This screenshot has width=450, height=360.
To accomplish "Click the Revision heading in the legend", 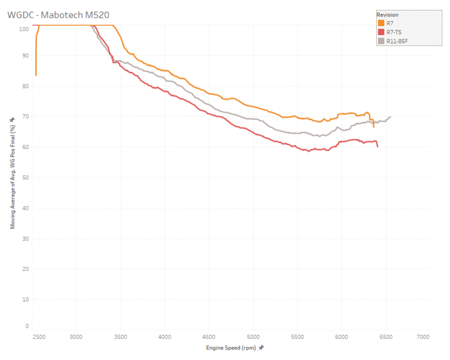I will (x=388, y=14).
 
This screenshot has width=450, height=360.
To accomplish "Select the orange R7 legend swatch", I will (x=381, y=23).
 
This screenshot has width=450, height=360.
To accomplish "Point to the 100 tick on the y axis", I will (x=23, y=28).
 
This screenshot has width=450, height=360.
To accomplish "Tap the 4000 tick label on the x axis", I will (x=165, y=337).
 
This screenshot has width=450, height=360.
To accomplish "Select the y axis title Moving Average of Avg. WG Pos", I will (x=12, y=176).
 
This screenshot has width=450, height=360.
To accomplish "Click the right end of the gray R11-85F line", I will (x=390, y=117).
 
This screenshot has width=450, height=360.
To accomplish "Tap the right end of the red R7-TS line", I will (x=377, y=147).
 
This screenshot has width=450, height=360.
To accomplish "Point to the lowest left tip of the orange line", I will (x=36, y=75).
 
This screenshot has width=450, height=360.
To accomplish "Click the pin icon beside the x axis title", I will (x=261, y=348).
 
